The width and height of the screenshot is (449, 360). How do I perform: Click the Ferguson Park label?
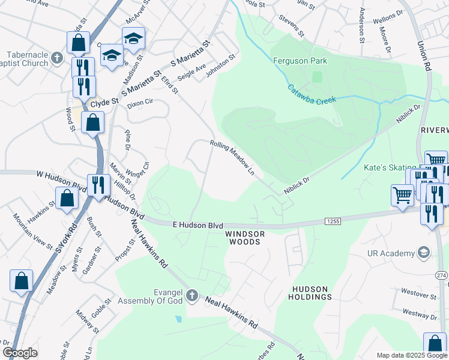click(x=300, y=61)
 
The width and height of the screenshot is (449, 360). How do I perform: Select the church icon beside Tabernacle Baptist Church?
click(x=57, y=58)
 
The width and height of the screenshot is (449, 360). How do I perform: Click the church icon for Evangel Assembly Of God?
click(x=191, y=295)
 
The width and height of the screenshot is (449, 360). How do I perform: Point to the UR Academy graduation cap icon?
click(x=424, y=252)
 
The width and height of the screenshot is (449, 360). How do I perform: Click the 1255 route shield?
click(x=334, y=221)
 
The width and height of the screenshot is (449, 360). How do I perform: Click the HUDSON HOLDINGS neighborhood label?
click(x=310, y=293)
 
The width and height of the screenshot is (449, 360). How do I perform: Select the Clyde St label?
click(x=104, y=103)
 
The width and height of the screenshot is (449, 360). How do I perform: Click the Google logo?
click(x=20, y=353)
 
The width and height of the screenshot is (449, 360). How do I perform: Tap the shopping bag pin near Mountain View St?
click(x=67, y=197)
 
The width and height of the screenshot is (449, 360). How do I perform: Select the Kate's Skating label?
click(x=390, y=167)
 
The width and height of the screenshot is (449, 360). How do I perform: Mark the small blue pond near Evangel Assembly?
click(x=178, y=318)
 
